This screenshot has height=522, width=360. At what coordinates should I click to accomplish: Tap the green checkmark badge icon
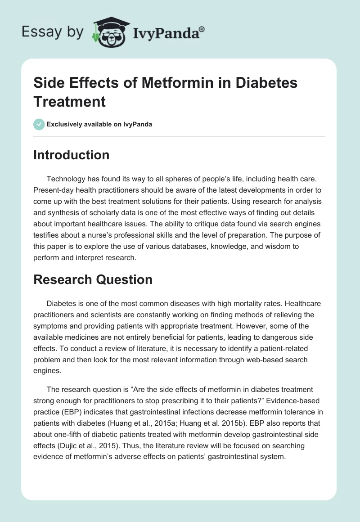pos(39,124)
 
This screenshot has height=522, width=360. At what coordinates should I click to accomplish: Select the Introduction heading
pos(72,155)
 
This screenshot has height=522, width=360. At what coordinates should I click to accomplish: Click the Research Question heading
pos(93,279)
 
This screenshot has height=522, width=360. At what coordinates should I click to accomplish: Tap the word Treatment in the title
pos(70,101)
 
